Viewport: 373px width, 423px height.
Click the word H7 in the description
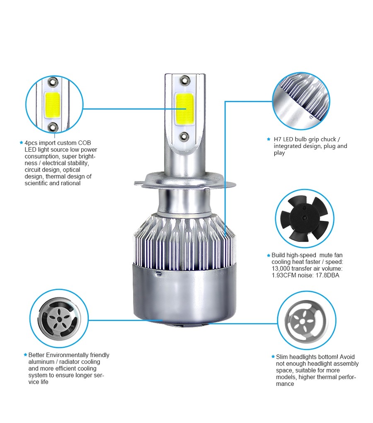click(278, 139)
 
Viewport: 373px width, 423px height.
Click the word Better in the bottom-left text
click(36, 355)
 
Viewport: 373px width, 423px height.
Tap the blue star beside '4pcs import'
click(21, 143)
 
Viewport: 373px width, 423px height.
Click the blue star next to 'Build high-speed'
click(269, 255)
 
